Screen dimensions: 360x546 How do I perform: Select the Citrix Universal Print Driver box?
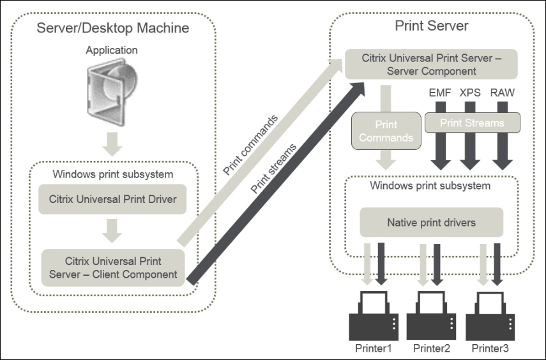click(113, 199)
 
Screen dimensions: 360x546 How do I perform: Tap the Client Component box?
click(113, 267)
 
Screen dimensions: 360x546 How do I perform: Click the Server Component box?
click(432, 64)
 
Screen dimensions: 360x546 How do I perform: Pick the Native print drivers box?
click(431, 223)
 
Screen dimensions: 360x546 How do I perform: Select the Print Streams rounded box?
click(472, 123)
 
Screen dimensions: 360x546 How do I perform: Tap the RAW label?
click(502, 93)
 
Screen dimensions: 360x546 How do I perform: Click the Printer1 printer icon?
click(373, 315)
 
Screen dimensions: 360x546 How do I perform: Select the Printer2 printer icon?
click(432, 315)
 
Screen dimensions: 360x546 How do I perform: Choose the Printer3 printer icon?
click(490, 315)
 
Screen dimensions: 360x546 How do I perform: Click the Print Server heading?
click(432, 26)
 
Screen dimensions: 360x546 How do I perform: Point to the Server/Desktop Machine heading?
click(112, 28)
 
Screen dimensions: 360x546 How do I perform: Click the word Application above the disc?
click(112, 49)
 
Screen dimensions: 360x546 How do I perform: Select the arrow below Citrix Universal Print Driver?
click(112, 231)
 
